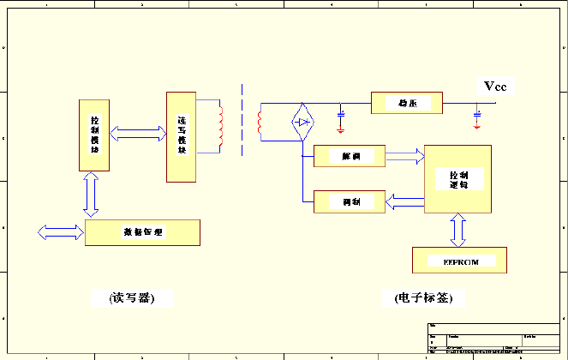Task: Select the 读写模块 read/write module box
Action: [180, 135]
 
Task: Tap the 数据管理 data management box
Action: [142, 232]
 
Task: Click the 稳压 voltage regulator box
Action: [407, 104]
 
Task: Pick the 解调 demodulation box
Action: [350, 156]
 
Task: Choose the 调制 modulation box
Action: [350, 201]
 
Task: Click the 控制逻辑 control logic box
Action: [459, 178]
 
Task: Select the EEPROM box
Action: [459, 260]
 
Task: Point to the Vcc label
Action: [496, 87]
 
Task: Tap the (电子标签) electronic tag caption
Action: [423, 298]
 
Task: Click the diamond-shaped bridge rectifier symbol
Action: [302, 122]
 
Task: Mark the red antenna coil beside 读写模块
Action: [221, 125]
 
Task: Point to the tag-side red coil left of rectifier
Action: [260, 123]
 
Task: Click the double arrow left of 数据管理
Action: [61, 231]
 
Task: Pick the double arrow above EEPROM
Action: [458, 230]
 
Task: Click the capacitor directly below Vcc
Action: [477, 112]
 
